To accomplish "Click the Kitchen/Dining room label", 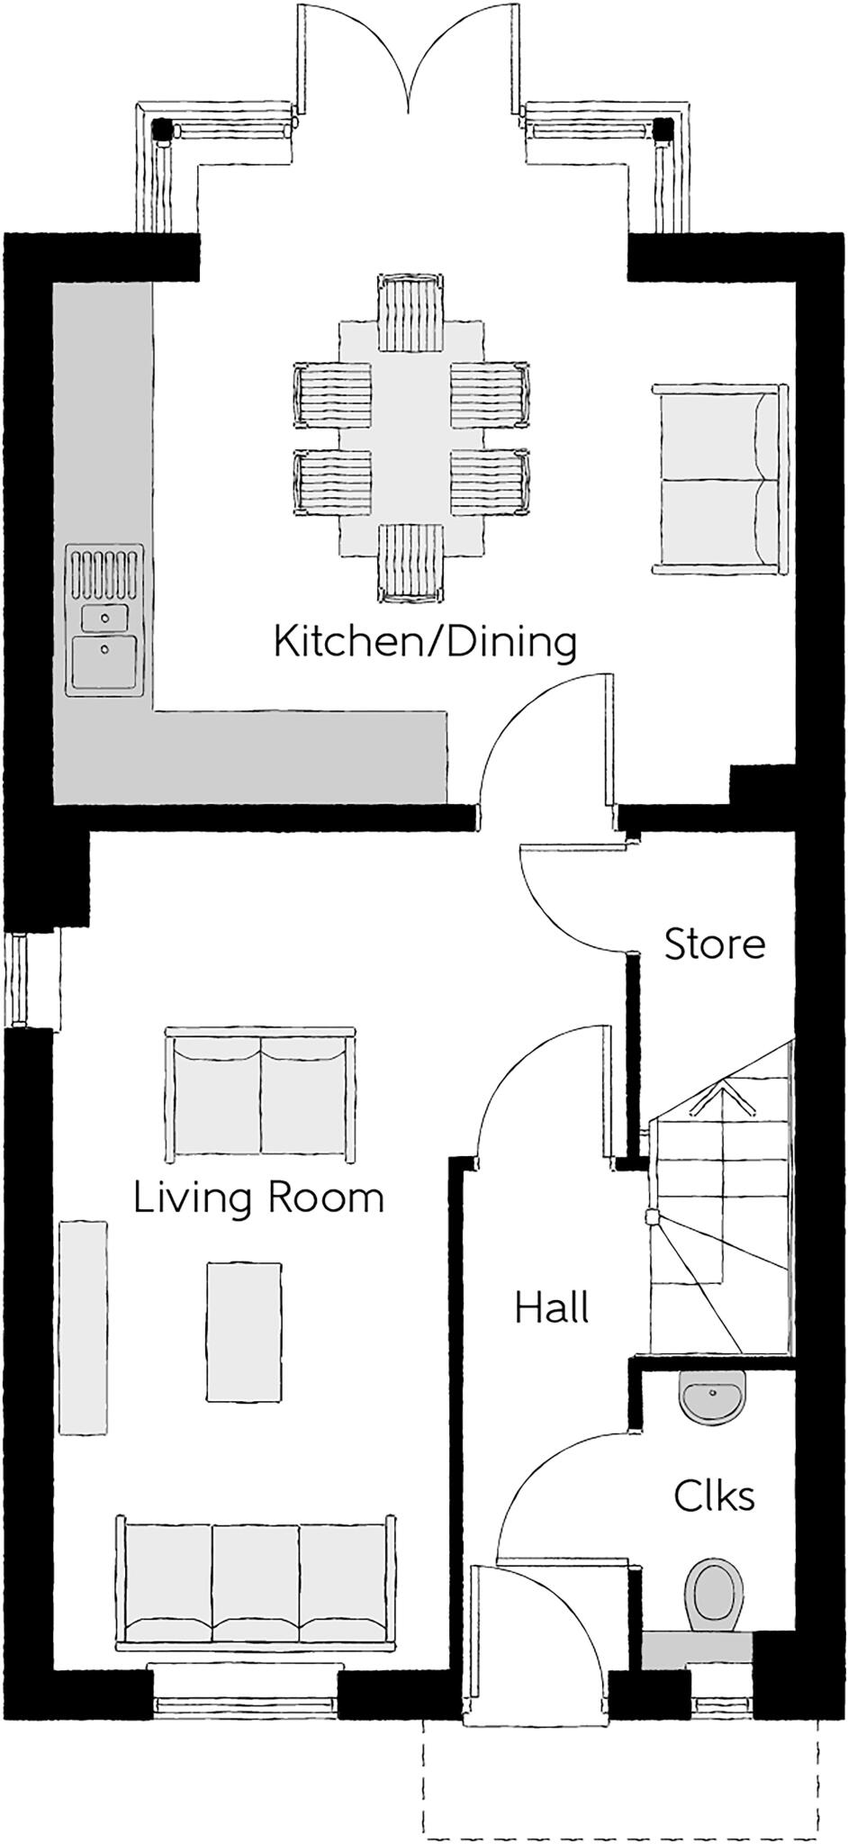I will point(424,643).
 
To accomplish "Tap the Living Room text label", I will point(258,1198).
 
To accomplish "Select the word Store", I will point(715,945).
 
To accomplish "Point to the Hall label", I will point(552,1307).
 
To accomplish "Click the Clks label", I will point(714,1496).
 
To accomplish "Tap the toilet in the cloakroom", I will point(714,1594).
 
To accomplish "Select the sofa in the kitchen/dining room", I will point(717,480).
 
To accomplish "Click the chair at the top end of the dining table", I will point(410,313).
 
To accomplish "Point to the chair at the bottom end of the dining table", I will point(410,561).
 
